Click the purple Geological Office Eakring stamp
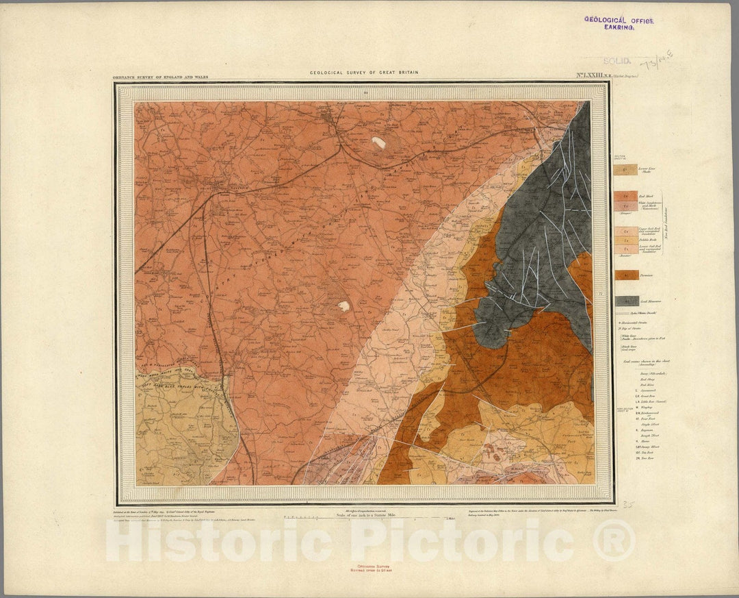pyautogui.click(x=619, y=23)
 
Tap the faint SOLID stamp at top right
pyautogui.click(x=617, y=61)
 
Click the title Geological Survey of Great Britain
pyautogui.click(x=363, y=72)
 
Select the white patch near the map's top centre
pyautogui.click(x=378, y=142)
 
